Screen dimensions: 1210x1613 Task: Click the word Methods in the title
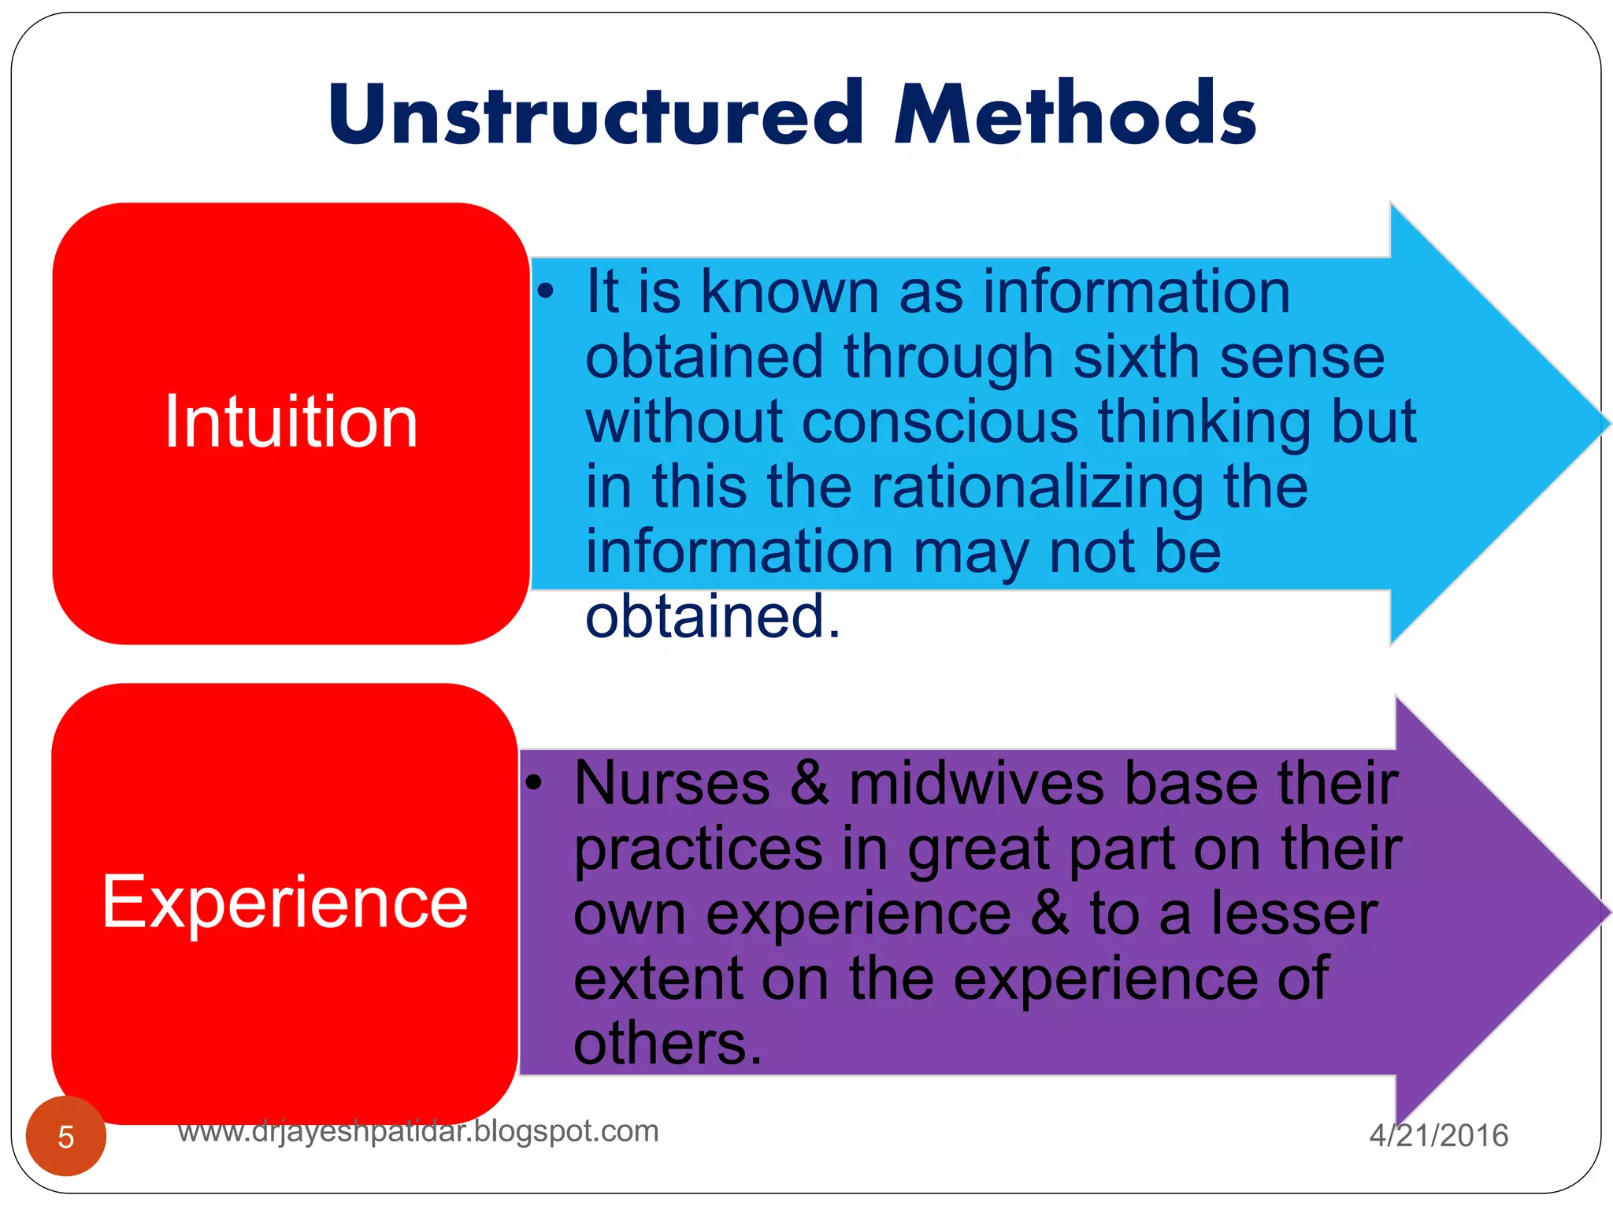click(x=1074, y=116)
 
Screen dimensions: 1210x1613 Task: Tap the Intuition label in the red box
click(x=291, y=423)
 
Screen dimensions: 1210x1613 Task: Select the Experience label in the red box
click(x=285, y=902)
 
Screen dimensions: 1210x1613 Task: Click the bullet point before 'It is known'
click(x=546, y=292)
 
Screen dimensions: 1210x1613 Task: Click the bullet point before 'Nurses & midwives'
click(x=534, y=783)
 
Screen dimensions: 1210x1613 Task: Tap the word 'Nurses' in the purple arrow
click(x=672, y=785)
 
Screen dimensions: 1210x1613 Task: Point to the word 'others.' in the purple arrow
click(x=668, y=1044)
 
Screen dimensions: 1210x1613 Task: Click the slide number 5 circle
click(x=66, y=1136)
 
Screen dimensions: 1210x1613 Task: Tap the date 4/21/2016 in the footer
click(x=1438, y=1135)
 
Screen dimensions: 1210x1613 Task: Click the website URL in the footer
click(x=417, y=1131)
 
